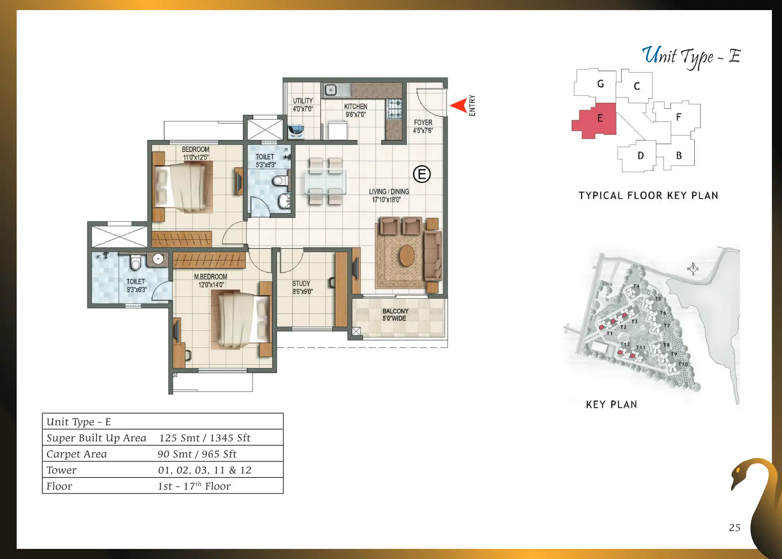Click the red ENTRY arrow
[459, 106]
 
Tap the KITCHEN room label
[356, 110]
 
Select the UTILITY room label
[303, 105]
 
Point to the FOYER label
[423, 127]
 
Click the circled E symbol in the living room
[422, 174]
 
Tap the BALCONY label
[395, 315]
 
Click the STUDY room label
[302, 288]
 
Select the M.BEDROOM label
[211, 281]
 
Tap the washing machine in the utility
[296, 131]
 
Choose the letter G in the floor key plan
[600, 84]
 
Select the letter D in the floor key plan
[641, 156]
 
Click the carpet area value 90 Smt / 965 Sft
[197, 454]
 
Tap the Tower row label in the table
[61, 470]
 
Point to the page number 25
[735, 528]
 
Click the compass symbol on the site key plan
[693, 269]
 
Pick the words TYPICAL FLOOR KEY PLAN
[648, 195]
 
